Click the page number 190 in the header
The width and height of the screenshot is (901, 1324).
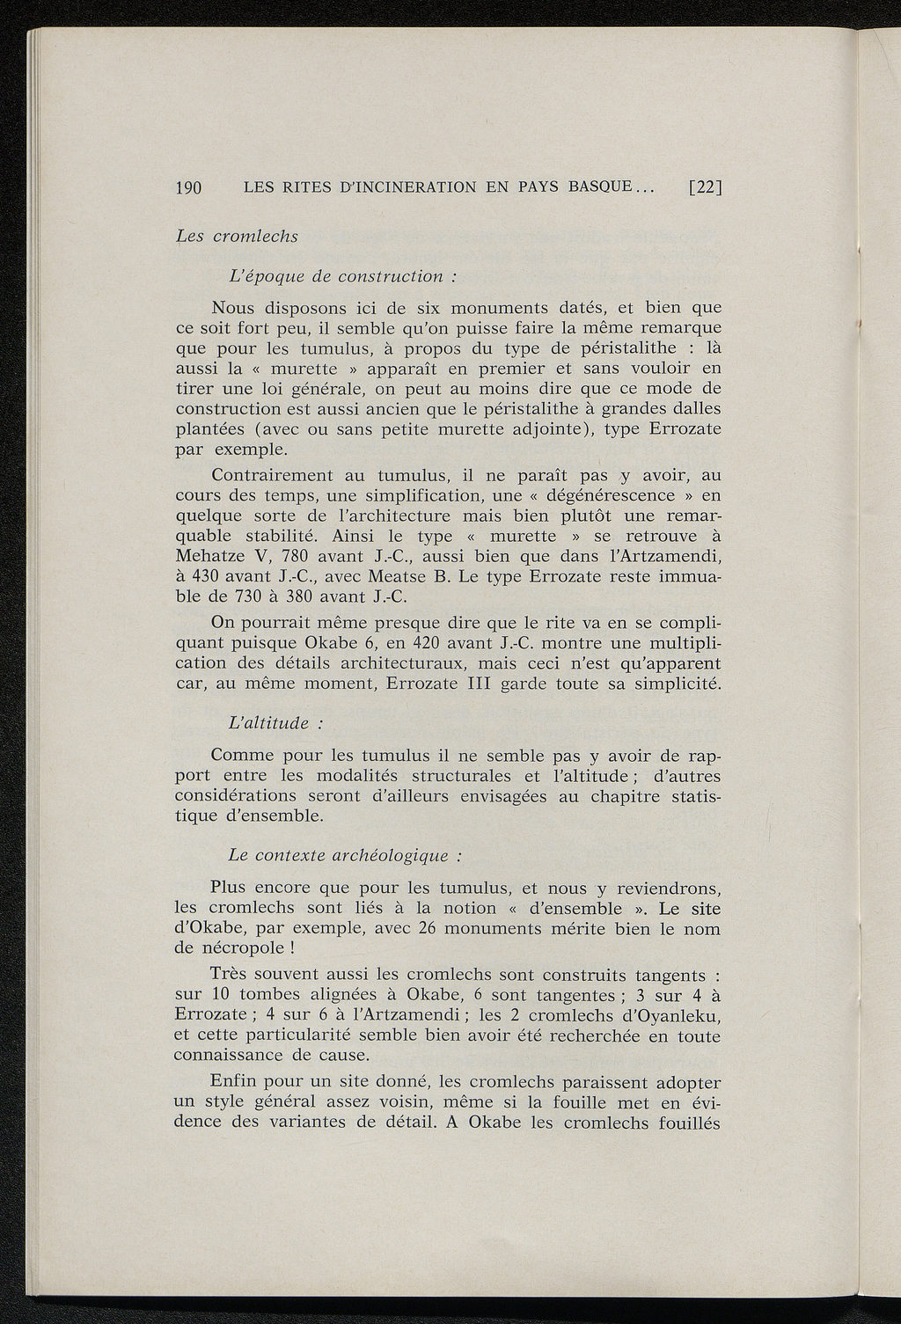click(189, 187)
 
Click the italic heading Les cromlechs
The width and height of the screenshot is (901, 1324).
click(237, 236)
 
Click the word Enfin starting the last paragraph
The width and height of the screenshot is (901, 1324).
click(236, 1082)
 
